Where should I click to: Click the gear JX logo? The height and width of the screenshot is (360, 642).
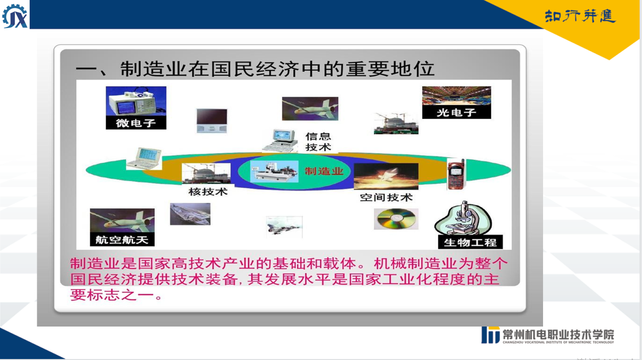pyautogui.click(x=15, y=16)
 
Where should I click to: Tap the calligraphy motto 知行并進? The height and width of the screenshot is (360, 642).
pyautogui.click(x=580, y=16)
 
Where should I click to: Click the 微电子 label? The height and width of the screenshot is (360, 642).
pyautogui.click(x=136, y=123)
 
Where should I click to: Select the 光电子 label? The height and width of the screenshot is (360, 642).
pyautogui.click(x=456, y=112)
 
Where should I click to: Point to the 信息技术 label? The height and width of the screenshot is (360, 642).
pyautogui.click(x=318, y=142)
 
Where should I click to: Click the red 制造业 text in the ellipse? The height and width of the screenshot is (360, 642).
pyautogui.click(x=324, y=171)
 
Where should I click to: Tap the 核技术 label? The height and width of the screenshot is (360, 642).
pyautogui.click(x=208, y=191)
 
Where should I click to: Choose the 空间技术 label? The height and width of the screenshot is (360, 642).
pyautogui.click(x=386, y=197)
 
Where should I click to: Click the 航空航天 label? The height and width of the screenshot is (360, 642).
pyautogui.click(x=122, y=240)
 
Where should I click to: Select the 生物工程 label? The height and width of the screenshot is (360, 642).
pyautogui.click(x=470, y=242)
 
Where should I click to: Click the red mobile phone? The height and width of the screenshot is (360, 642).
pyautogui.click(x=456, y=174)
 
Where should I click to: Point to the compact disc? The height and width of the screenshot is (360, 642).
pyautogui.click(x=396, y=219)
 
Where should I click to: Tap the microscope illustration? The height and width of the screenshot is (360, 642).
pyautogui.click(x=463, y=218)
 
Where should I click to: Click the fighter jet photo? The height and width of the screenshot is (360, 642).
pyautogui.click(x=284, y=227)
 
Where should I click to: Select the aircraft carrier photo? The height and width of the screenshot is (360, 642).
pyautogui.click(x=190, y=214)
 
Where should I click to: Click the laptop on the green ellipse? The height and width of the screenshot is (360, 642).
pyautogui.click(x=145, y=159)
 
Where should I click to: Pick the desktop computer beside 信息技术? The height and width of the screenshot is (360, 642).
pyautogui.click(x=280, y=141)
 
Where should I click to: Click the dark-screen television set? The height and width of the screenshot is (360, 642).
pyautogui.click(x=212, y=120)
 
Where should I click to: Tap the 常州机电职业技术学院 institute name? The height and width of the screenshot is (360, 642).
pyautogui.click(x=558, y=335)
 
